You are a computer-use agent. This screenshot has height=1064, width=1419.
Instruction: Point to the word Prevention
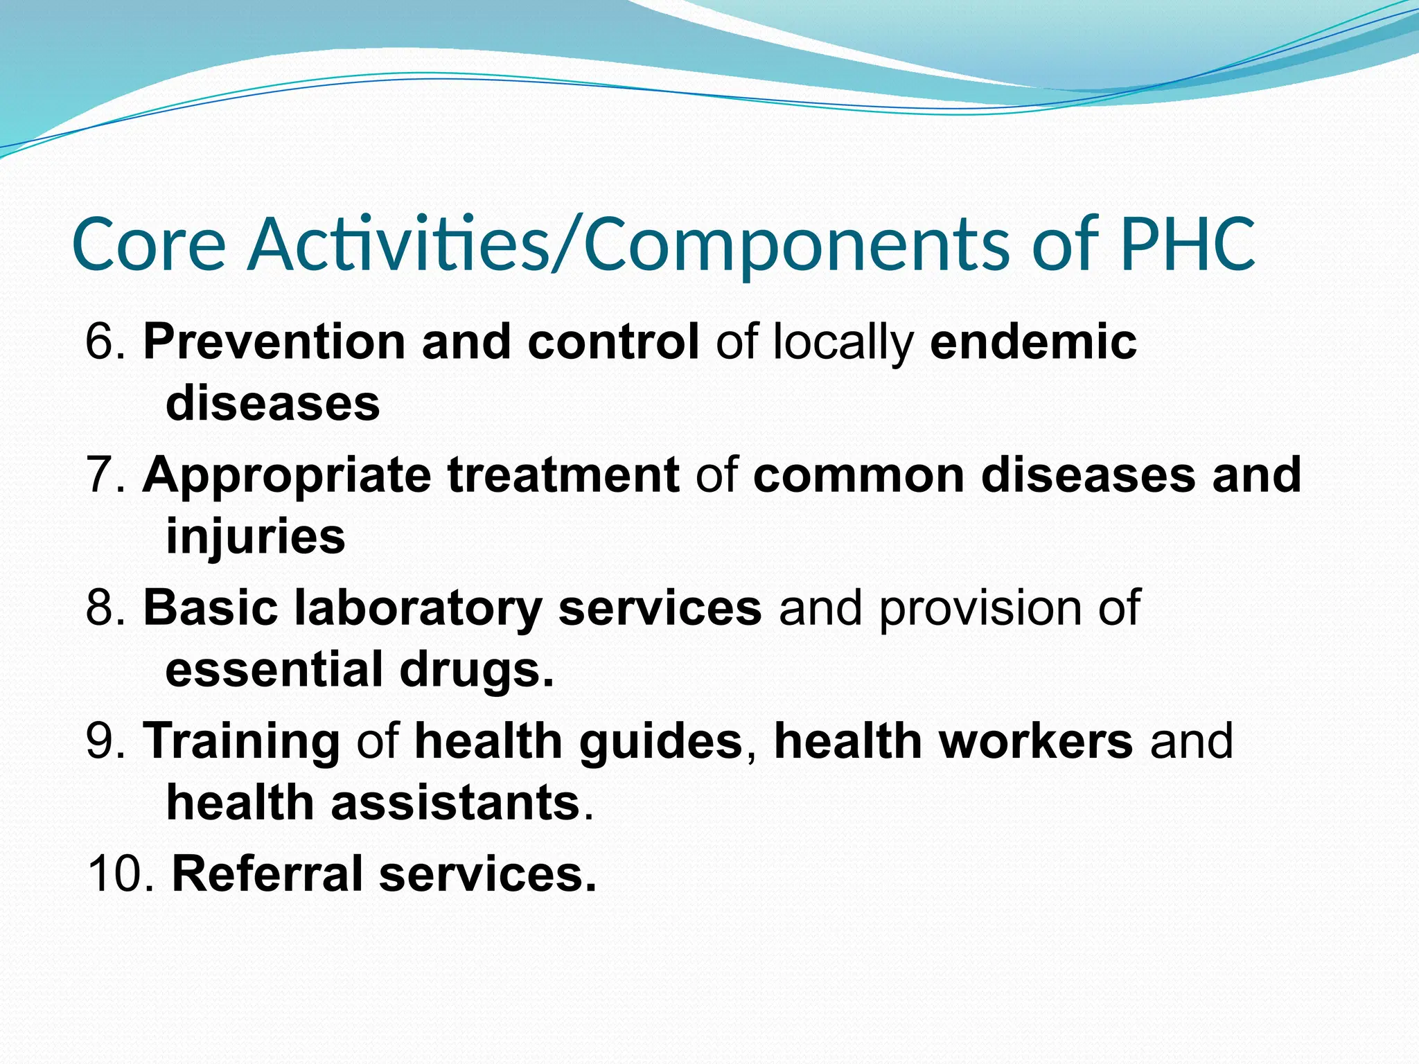[274, 342]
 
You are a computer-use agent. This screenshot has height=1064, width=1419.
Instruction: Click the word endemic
[1033, 342]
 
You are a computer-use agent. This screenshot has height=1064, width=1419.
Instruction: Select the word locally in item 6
[843, 342]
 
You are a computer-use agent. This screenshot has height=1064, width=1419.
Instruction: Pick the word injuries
[256, 538]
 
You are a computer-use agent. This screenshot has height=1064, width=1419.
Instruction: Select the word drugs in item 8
[477, 671]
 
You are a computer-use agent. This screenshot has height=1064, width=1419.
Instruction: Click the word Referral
[267, 874]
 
